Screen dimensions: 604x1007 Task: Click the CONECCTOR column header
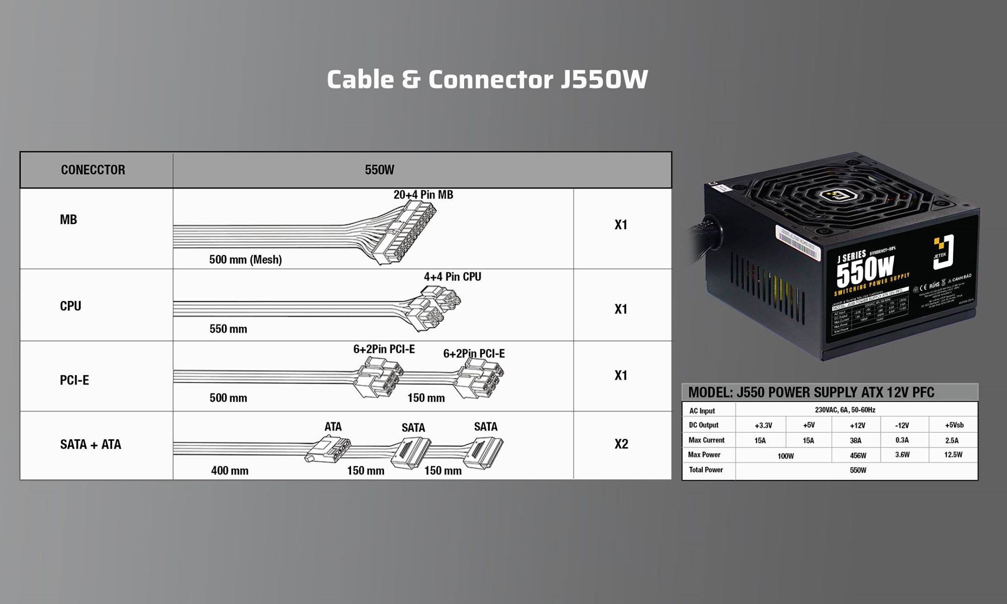[93, 170]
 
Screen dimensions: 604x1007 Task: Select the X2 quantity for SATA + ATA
[621, 444]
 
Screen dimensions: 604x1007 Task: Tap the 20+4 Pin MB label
[423, 195]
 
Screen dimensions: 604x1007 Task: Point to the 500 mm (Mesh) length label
[245, 260]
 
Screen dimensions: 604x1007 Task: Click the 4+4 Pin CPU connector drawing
[435, 307]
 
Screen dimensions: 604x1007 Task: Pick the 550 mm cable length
[228, 329]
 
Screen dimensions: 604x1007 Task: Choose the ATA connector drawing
[328, 449]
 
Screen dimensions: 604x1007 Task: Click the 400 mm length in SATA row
[230, 471]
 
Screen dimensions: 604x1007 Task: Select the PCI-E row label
[74, 380]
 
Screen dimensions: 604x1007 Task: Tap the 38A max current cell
[855, 440]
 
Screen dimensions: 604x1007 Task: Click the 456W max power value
[858, 455]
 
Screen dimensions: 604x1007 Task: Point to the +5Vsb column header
[954, 425]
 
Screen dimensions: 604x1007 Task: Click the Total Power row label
[706, 470]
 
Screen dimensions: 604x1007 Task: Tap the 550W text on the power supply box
[864, 271]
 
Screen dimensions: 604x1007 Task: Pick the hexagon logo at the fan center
[839, 195]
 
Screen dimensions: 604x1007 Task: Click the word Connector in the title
[490, 80]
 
